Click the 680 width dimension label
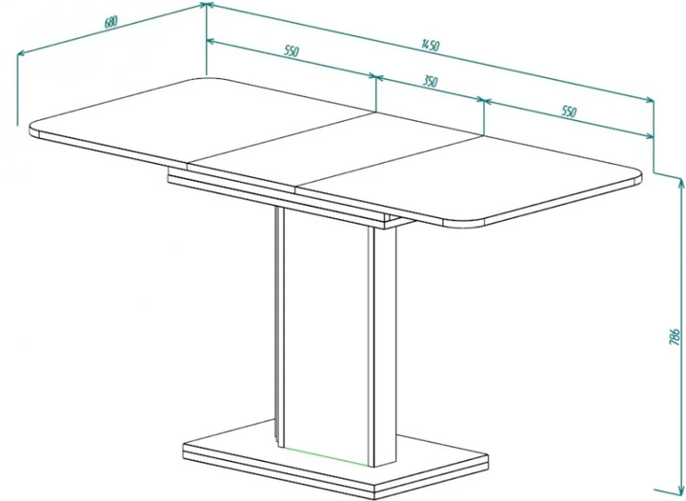pos(111,22)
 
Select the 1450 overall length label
pos(431,45)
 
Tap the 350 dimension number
pos(430,81)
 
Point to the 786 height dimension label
pos(676,336)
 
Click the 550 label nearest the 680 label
pos(292,51)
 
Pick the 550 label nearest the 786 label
pos(569,111)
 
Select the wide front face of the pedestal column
pos(326,332)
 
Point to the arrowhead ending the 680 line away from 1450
pos(21,53)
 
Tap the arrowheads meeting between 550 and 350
pos(376,77)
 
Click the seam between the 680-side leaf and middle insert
pos(281,137)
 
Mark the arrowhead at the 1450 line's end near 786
pos(649,100)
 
